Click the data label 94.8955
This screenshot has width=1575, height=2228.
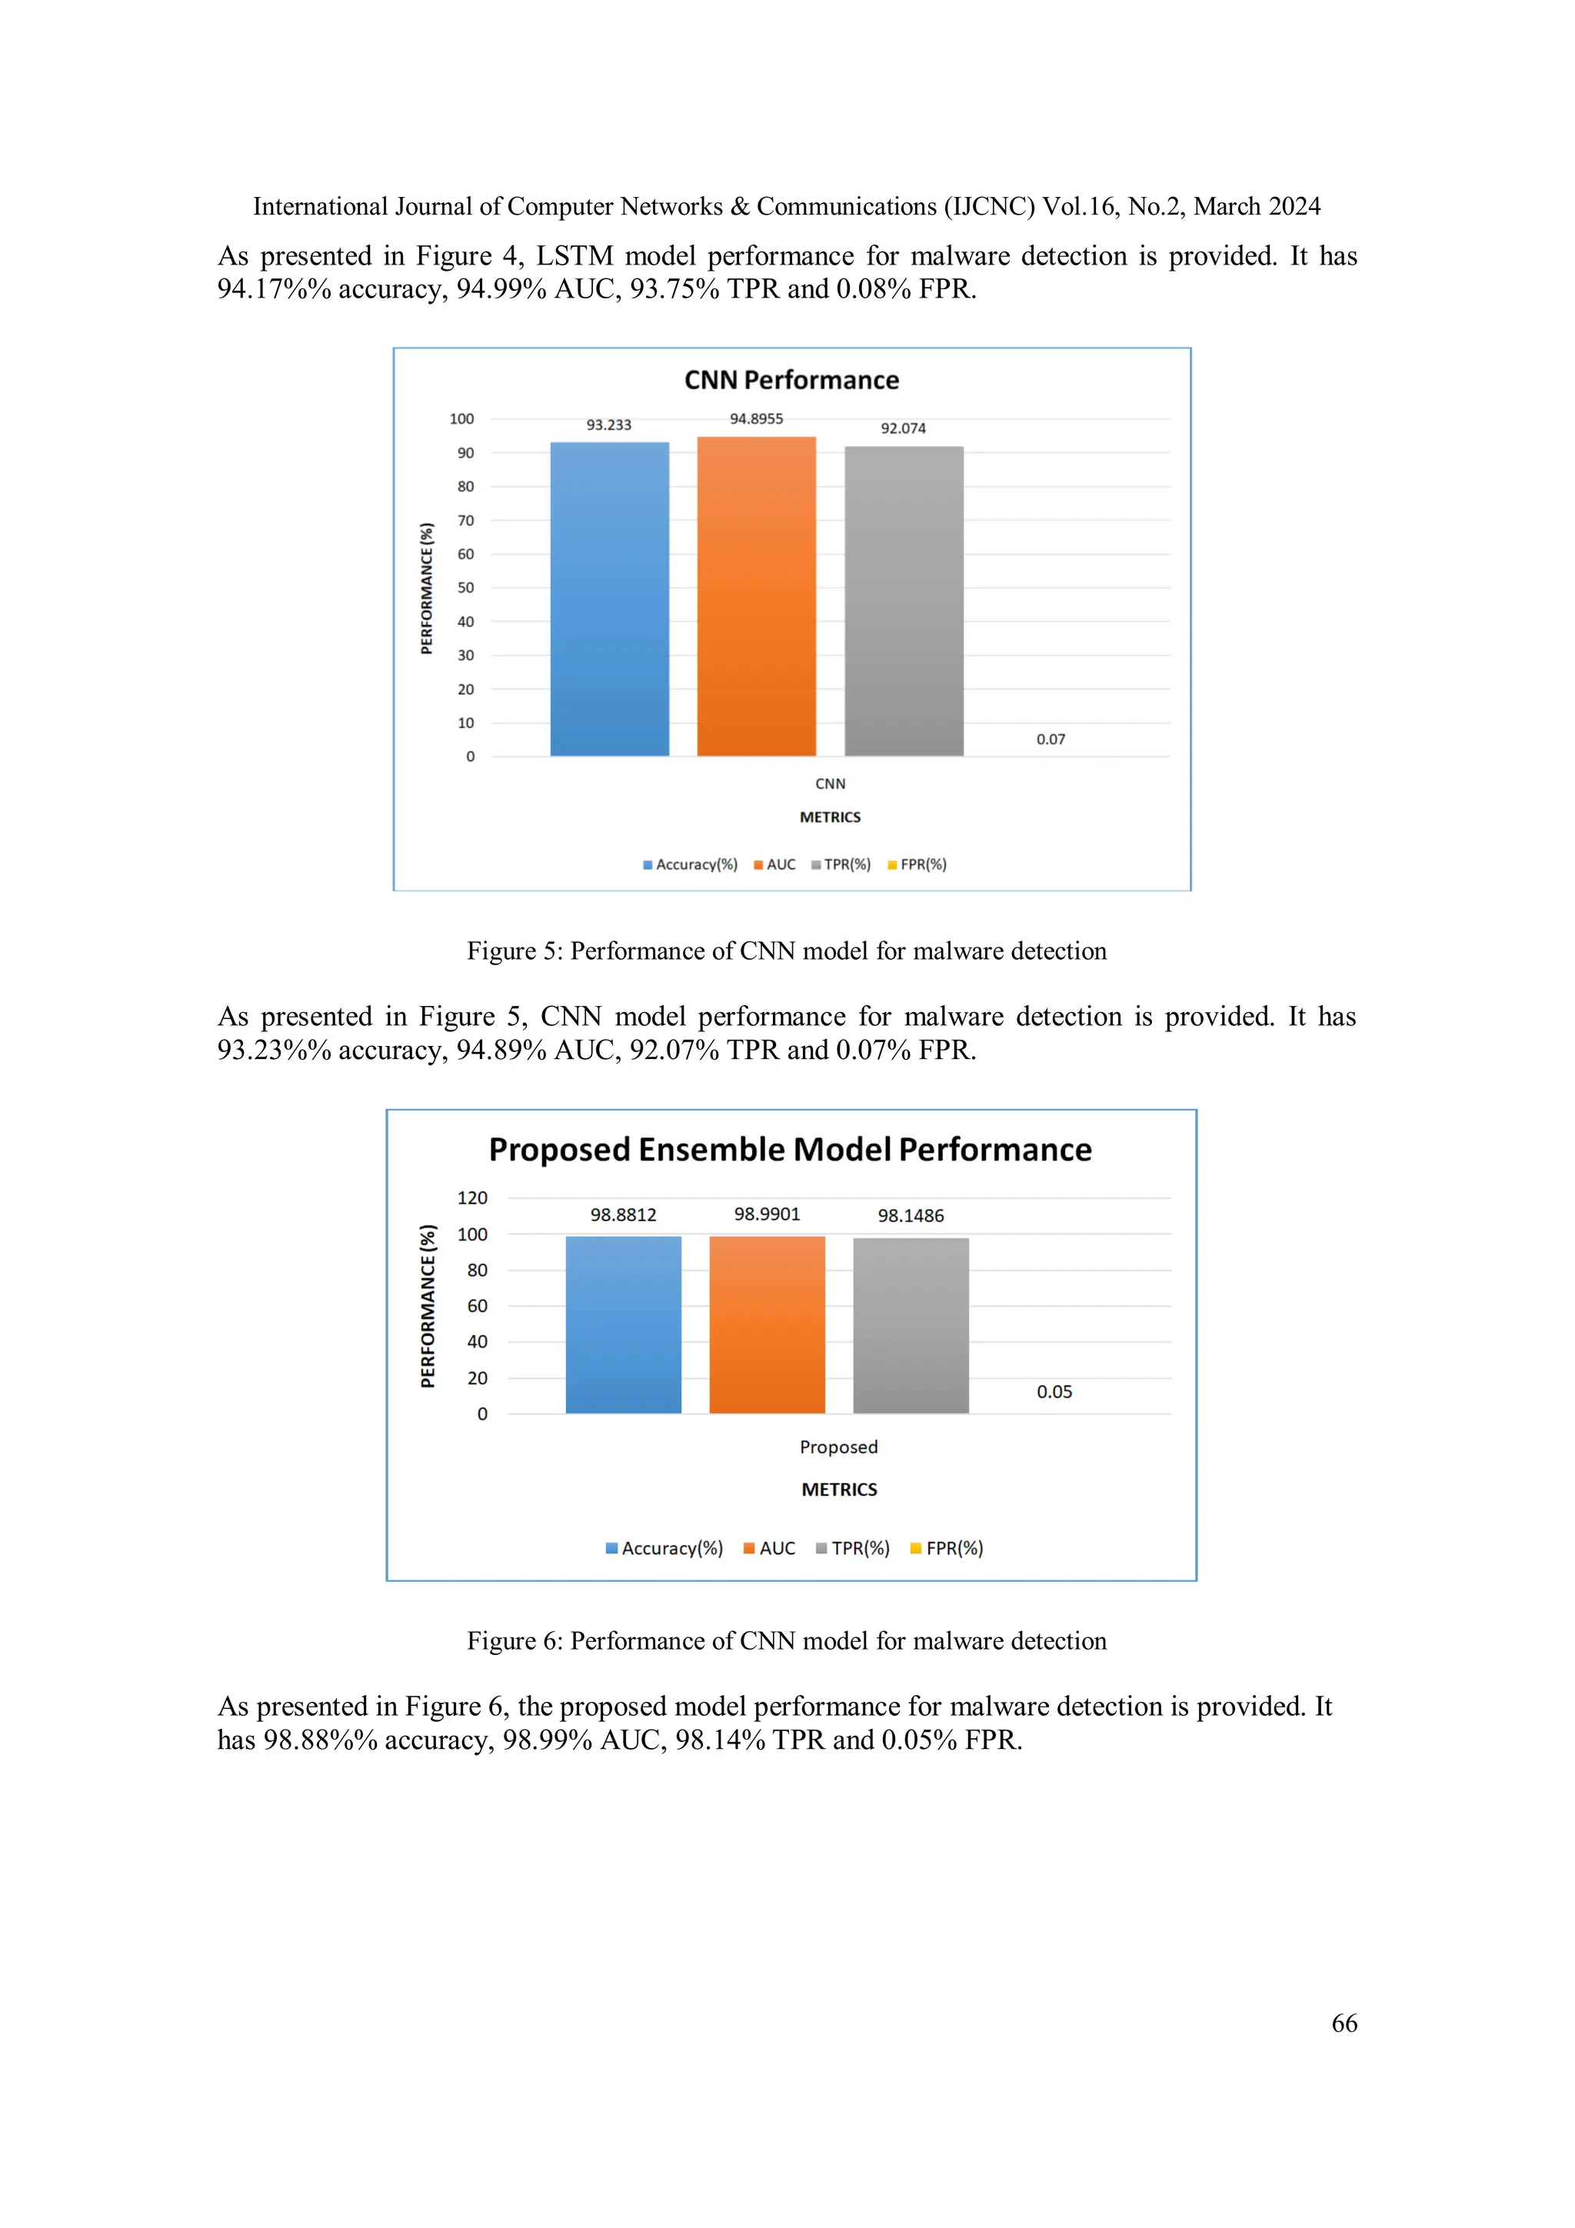click(x=756, y=418)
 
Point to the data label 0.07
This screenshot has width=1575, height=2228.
click(x=1050, y=739)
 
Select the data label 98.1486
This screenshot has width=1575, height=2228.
click(x=911, y=1215)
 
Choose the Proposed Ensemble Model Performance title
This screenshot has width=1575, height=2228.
click(x=790, y=1149)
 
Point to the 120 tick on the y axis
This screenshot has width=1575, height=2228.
click(x=473, y=1198)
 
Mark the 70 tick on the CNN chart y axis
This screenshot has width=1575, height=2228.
click(x=466, y=521)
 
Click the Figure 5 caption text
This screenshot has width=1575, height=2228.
click(x=786, y=951)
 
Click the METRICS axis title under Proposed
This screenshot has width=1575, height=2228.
click(x=838, y=1490)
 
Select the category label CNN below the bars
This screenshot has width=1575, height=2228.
click(x=830, y=784)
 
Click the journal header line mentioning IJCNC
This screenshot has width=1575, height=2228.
click(x=786, y=207)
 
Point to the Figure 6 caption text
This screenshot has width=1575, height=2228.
click(x=786, y=1641)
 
